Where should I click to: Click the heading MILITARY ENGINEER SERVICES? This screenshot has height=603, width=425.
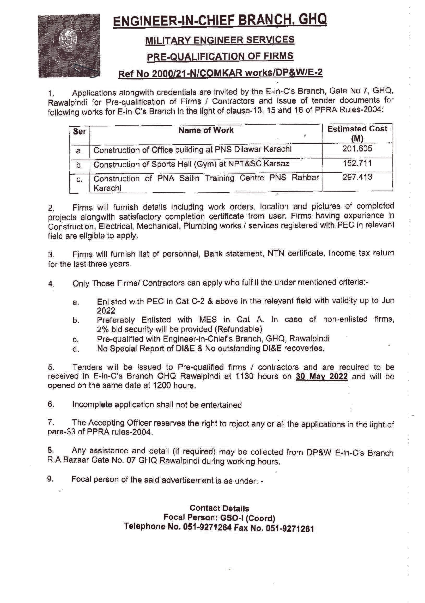[x=220, y=40]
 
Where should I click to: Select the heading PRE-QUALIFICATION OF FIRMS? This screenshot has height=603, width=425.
[x=220, y=56]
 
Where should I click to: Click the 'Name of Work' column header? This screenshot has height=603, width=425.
[x=206, y=130]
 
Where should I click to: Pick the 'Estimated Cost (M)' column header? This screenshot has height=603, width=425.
[x=357, y=133]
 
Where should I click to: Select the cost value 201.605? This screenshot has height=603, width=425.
[x=357, y=149]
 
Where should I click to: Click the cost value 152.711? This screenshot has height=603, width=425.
[x=357, y=163]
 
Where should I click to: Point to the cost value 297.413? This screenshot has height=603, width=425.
[x=357, y=177]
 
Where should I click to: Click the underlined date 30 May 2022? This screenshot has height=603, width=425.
[x=321, y=376]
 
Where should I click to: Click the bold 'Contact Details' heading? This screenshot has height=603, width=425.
[x=219, y=508]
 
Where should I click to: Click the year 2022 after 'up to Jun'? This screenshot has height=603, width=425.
[x=106, y=311]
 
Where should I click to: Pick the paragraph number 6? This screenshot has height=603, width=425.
[x=51, y=404]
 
